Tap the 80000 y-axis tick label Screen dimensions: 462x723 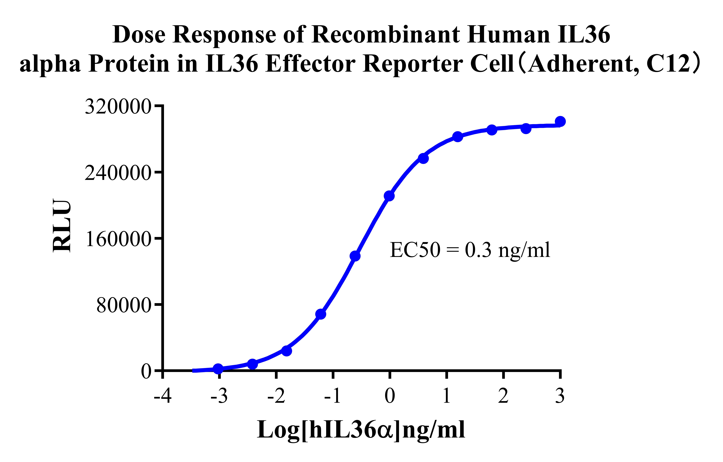(x=123, y=306)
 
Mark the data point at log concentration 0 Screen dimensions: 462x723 (x=389, y=196)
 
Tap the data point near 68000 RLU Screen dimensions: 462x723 (x=321, y=314)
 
